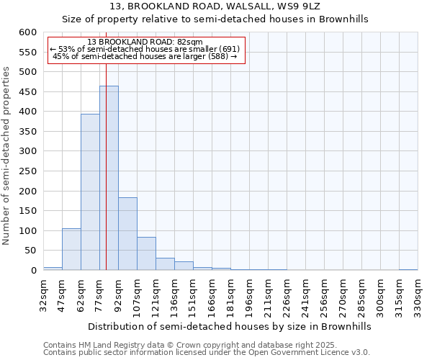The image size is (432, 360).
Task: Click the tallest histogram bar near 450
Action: [109, 178]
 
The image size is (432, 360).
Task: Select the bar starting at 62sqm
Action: [90, 192]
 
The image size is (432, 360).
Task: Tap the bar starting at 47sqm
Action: [71, 249]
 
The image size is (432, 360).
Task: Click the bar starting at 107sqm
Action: [146, 253]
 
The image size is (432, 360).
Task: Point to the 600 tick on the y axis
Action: [27, 32]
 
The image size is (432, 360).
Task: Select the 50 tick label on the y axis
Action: [30, 251]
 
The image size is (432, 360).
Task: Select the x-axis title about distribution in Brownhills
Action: [230, 326]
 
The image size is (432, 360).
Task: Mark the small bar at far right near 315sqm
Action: [408, 269]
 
